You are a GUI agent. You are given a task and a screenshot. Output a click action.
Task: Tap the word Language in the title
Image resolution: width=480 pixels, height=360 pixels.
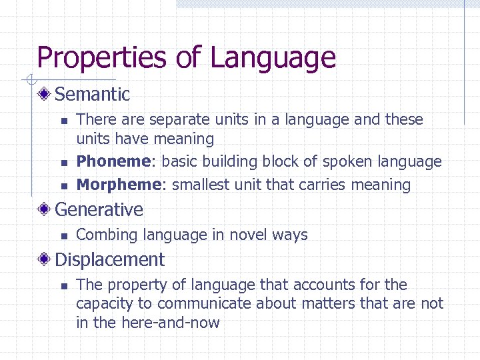tap(273, 58)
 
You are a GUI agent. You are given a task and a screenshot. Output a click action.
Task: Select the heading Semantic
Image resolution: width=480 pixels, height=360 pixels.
tap(92, 94)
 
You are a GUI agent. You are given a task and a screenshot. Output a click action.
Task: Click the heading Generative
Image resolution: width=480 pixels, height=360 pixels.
tap(99, 209)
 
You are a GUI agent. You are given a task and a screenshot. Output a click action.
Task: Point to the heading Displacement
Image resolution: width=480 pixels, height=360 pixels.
tap(109, 259)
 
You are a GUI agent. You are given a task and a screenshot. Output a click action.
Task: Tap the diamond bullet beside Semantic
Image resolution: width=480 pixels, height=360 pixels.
tap(45, 94)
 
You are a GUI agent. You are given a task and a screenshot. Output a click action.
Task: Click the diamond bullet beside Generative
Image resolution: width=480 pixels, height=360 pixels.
tap(45, 209)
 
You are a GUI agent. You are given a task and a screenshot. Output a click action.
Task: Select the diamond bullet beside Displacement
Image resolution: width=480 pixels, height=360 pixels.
tap(45, 259)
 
